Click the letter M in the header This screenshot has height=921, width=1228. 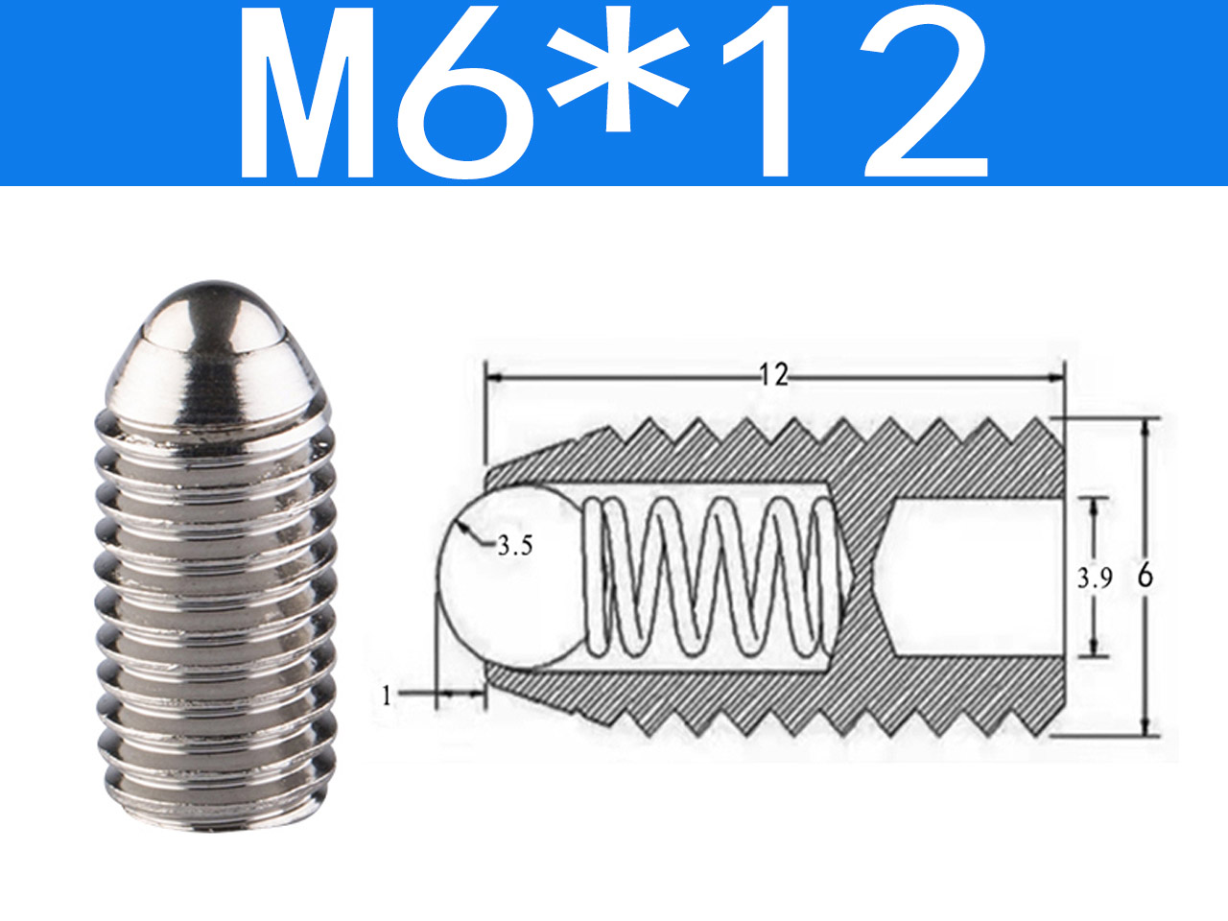click(307, 92)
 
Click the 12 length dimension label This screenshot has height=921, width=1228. click(774, 375)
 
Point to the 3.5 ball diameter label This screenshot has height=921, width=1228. click(514, 545)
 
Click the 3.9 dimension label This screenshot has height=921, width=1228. click(1095, 579)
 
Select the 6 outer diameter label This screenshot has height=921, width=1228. click(1145, 576)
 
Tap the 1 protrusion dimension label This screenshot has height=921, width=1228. click(387, 697)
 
